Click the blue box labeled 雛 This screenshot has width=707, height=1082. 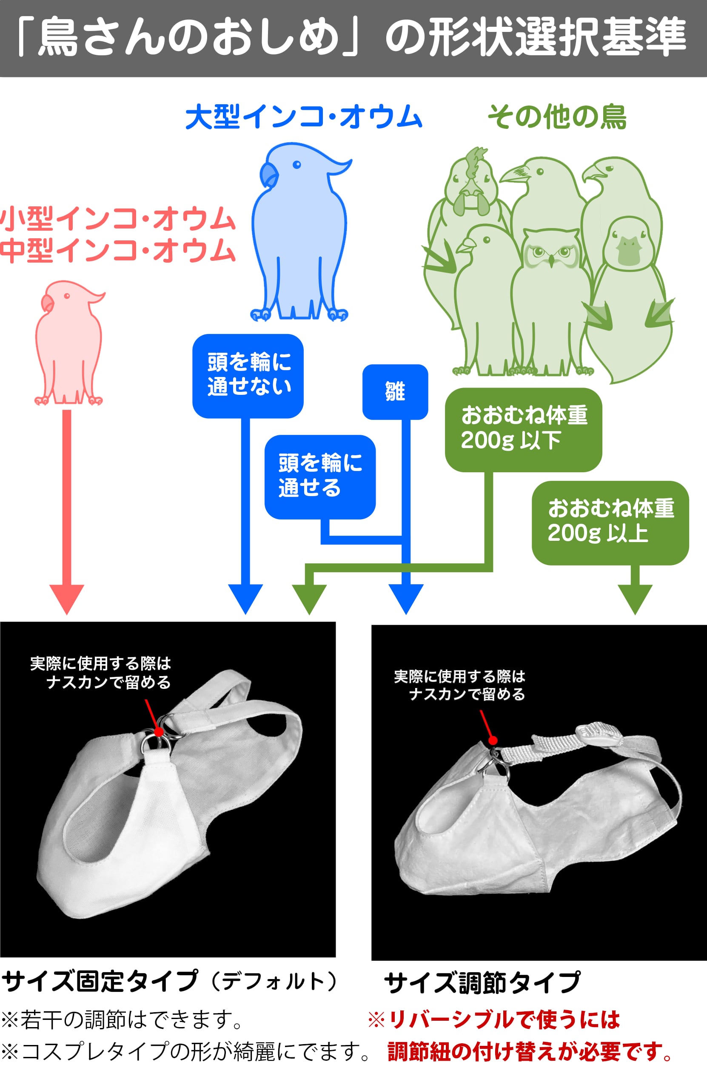point(395,391)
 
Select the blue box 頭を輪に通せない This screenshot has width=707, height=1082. point(248,376)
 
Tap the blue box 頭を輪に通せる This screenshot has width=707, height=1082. point(319,477)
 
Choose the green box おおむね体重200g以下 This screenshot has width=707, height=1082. point(523,429)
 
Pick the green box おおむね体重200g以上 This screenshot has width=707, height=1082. point(610,522)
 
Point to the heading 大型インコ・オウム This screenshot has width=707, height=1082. point(304,117)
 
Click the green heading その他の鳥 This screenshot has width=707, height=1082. point(557,117)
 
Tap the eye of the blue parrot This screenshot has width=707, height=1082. point(296,165)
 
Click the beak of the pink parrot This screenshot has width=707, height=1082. point(47,303)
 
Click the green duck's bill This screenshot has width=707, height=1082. point(629,254)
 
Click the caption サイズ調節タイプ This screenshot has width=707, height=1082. point(482,983)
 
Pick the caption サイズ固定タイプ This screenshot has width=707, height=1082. point(100,981)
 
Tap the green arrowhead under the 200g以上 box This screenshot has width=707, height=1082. point(635,598)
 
